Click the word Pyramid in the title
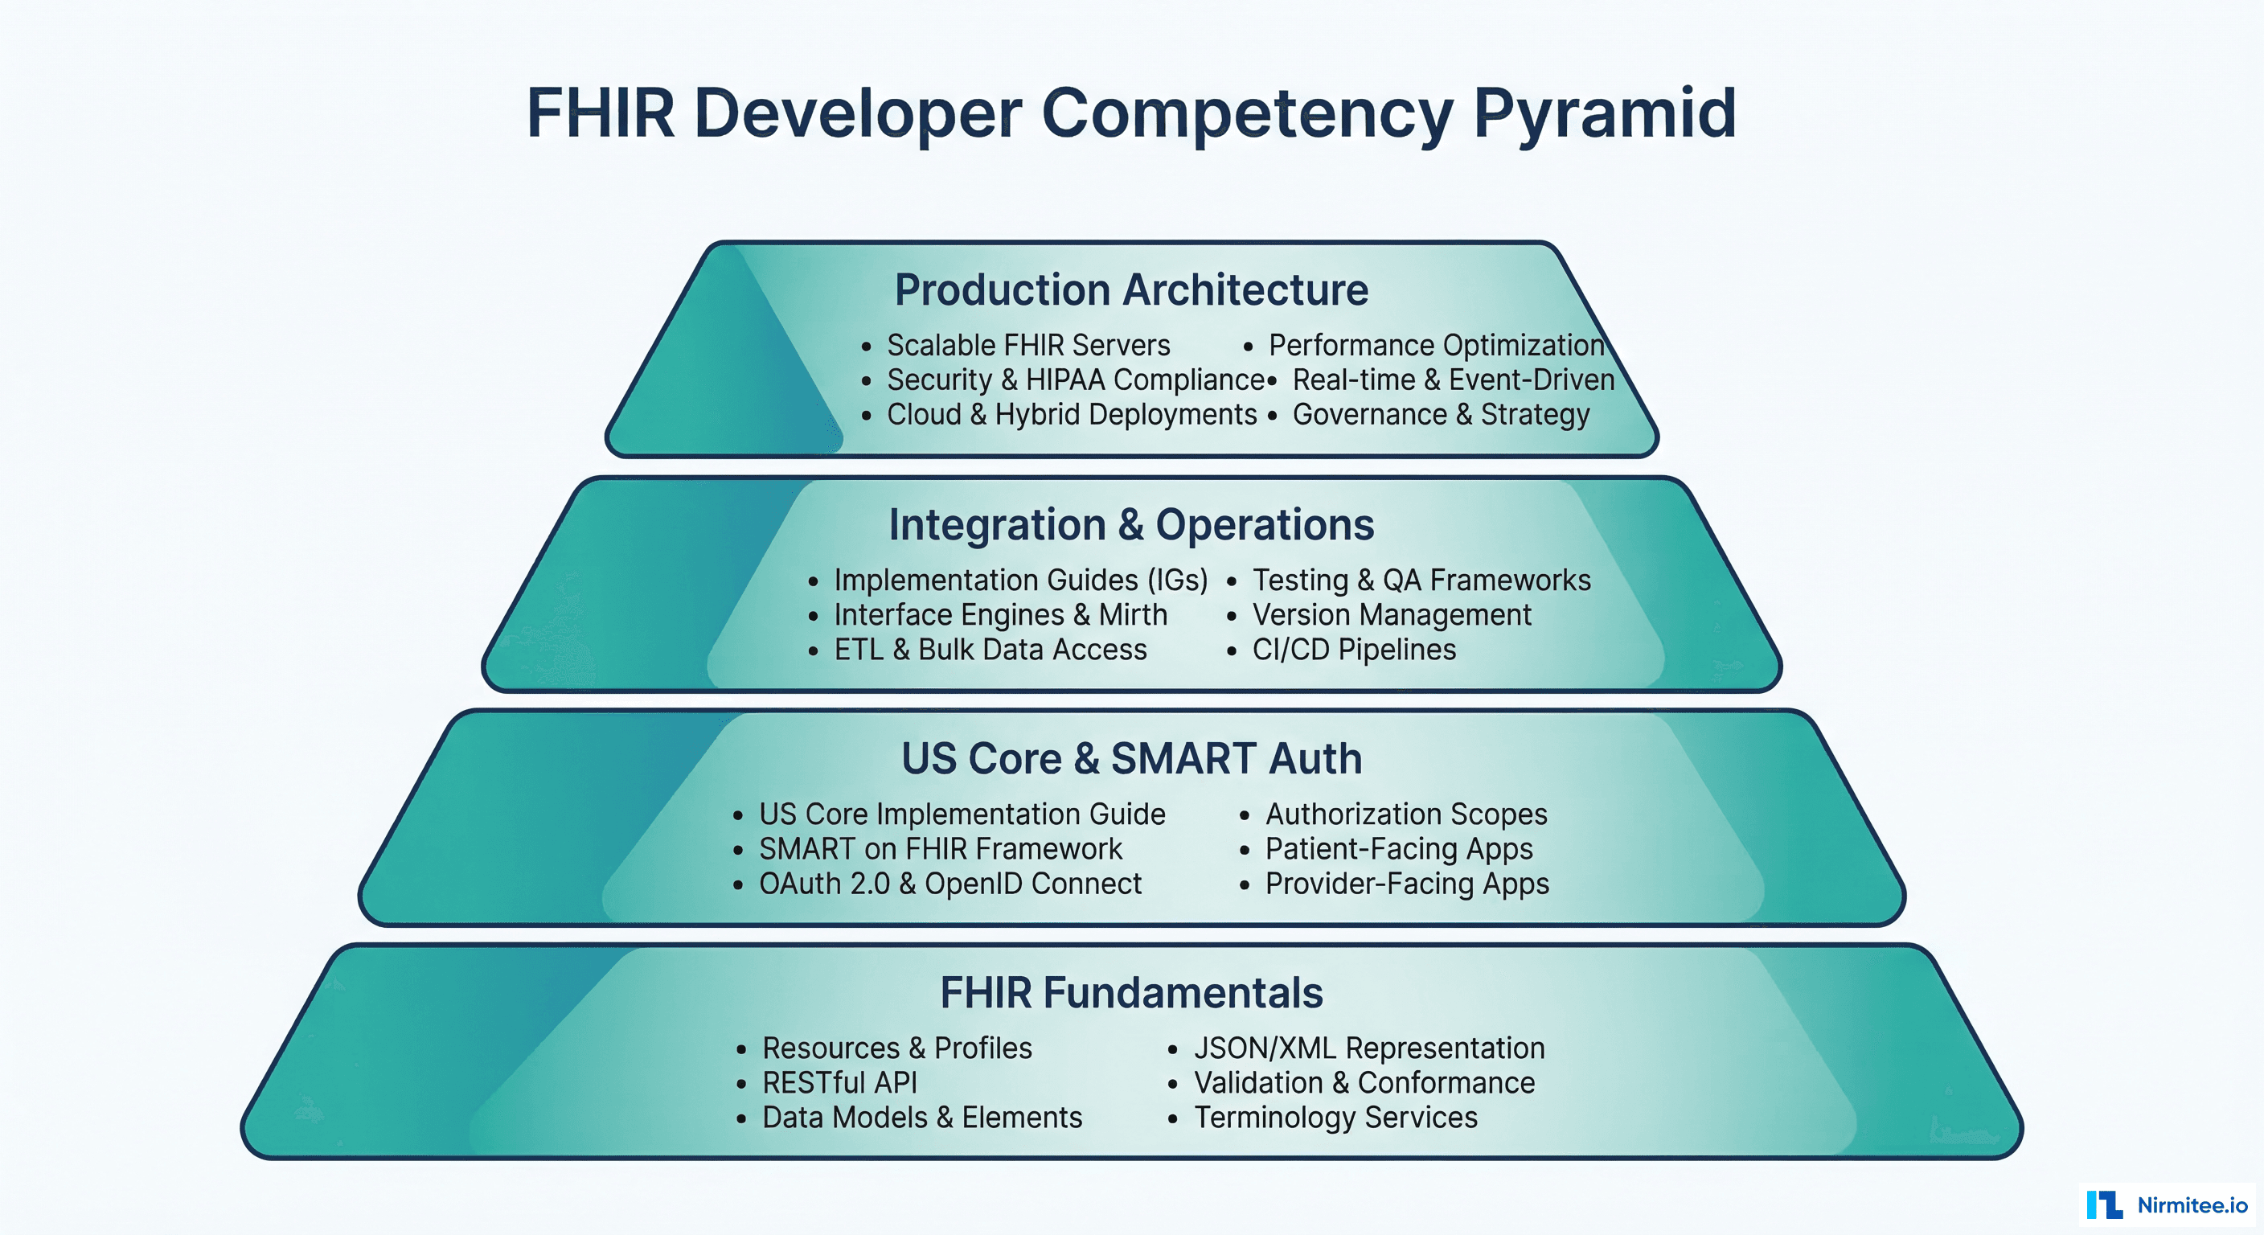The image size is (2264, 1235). click(x=1604, y=114)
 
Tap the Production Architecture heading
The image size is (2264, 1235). click(x=1131, y=290)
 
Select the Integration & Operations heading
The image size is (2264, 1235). click(x=1131, y=525)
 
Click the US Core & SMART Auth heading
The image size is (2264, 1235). click(x=1131, y=758)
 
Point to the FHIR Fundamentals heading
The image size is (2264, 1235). click(x=1131, y=993)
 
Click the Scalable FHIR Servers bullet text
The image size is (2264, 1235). click(x=1028, y=346)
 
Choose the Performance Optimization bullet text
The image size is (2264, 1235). click(x=1436, y=346)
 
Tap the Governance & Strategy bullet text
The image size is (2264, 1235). click(x=1441, y=415)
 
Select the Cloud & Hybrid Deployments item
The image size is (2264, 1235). click(x=1072, y=415)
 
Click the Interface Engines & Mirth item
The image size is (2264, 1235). click(x=1000, y=615)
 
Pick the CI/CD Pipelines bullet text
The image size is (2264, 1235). click(x=1353, y=650)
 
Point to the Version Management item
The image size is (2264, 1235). click(x=1391, y=615)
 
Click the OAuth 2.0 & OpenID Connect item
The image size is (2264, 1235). click(x=950, y=884)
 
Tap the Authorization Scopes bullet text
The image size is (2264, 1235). click(x=1406, y=814)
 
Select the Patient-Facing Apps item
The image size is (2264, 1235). click(x=1398, y=849)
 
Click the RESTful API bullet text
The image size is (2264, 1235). click(x=839, y=1083)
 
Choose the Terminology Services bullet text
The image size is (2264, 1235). click(x=1335, y=1118)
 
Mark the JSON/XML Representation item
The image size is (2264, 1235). click(x=1368, y=1048)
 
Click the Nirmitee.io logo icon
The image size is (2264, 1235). click(x=2104, y=1204)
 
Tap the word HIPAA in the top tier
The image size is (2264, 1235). click(x=1065, y=380)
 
